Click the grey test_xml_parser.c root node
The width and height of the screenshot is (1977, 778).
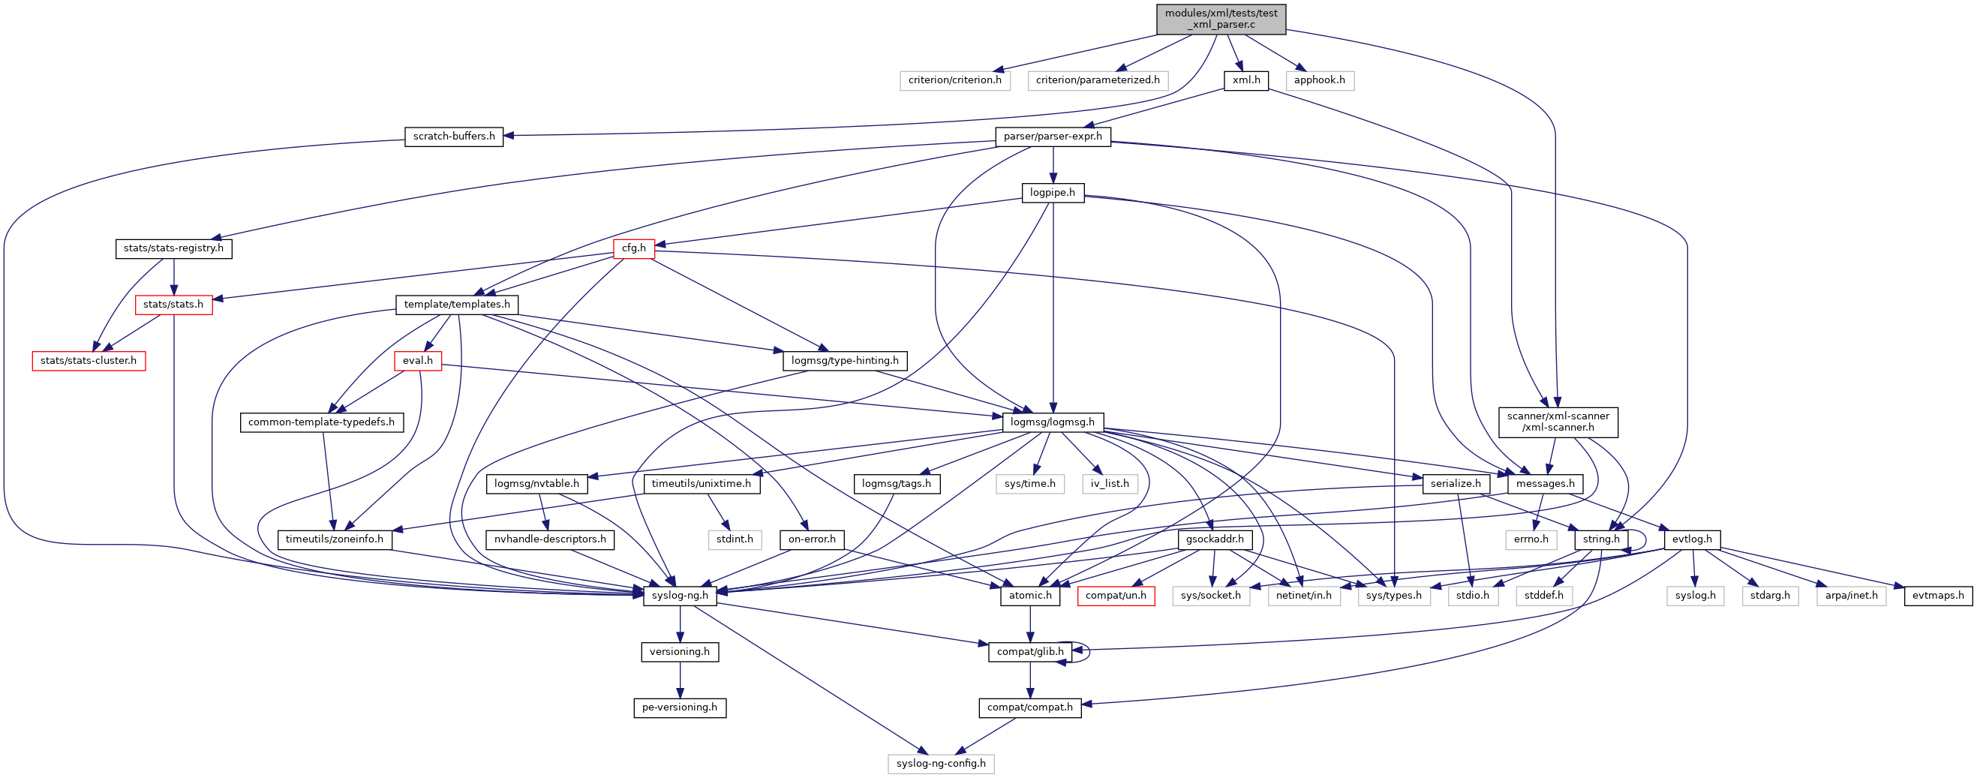(x=1221, y=20)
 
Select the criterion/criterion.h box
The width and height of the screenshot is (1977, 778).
(x=954, y=80)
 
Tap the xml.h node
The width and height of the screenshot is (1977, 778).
(x=1245, y=80)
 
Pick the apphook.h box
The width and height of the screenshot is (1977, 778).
(x=1319, y=80)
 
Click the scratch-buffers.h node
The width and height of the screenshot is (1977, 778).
(x=454, y=137)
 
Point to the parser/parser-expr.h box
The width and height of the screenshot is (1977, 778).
(x=1052, y=137)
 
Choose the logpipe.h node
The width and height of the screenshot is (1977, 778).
(x=1052, y=193)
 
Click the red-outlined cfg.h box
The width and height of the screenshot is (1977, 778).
(x=633, y=248)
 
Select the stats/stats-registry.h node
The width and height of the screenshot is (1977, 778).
(x=173, y=248)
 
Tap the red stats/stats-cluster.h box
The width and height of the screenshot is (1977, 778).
(x=89, y=361)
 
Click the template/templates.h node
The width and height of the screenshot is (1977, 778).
(x=457, y=305)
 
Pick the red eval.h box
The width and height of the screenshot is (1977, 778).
(x=417, y=361)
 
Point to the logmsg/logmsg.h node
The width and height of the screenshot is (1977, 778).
(x=1052, y=422)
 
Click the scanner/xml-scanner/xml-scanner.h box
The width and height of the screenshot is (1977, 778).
(x=1557, y=422)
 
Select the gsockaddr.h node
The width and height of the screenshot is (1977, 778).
(x=1214, y=539)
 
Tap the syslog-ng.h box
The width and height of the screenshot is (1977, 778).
(x=679, y=596)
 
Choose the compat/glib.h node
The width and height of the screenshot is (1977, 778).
(x=1030, y=652)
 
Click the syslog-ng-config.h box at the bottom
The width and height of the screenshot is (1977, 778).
(x=940, y=764)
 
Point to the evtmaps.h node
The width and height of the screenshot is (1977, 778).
(x=1937, y=596)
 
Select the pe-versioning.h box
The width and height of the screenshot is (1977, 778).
(x=679, y=707)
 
